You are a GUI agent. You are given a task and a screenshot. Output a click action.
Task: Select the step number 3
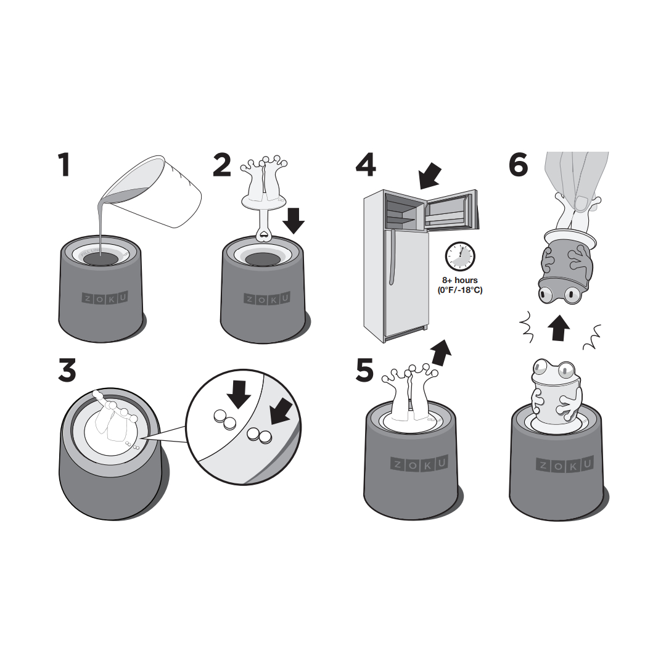point(67,370)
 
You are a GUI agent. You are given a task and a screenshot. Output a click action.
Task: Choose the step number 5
point(364,370)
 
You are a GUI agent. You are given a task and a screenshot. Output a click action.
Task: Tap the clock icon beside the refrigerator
point(460,257)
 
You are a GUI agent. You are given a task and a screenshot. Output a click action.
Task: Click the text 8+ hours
point(460,281)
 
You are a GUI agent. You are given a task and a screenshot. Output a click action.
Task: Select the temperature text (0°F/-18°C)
point(460,290)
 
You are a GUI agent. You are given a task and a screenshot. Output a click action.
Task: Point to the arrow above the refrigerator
point(430,176)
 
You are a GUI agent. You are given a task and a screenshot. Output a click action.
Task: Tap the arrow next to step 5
point(441,353)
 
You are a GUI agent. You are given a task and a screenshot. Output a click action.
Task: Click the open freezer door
point(452,210)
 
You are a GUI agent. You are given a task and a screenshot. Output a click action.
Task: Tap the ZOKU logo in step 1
point(104,298)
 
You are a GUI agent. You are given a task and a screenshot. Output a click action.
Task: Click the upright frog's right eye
point(567,369)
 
